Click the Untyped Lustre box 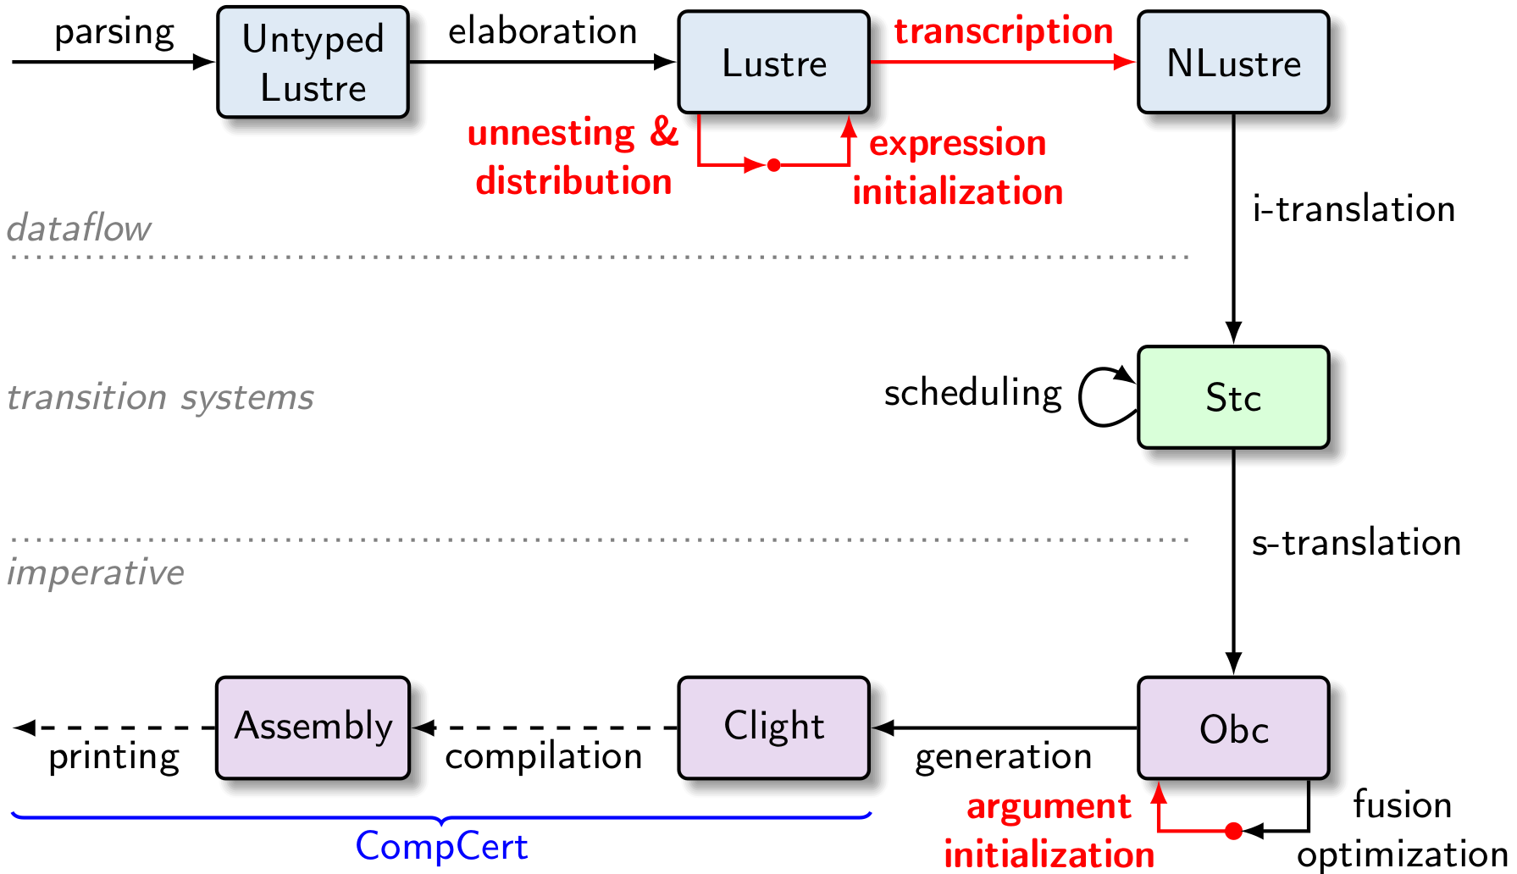pyautogui.click(x=313, y=63)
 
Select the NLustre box pyautogui.click(x=1232, y=63)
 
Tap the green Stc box pyautogui.click(x=1232, y=397)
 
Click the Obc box pyautogui.click(x=1232, y=728)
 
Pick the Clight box pyautogui.click(x=773, y=727)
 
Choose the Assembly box pyautogui.click(x=313, y=727)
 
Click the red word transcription pyautogui.click(x=1003, y=31)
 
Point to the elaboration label pyautogui.click(x=542, y=31)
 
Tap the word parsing pyautogui.click(x=113, y=33)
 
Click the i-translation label pyautogui.click(x=1353, y=209)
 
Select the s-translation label pyautogui.click(x=1355, y=543)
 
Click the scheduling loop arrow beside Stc pyautogui.click(x=1099, y=396)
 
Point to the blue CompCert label pyautogui.click(x=441, y=846)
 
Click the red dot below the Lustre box pyautogui.click(x=773, y=165)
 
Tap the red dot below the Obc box pyautogui.click(x=1233, y=831)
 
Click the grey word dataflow pyautogui.click(x=79, y=229)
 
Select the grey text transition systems pyautogui.click(x=160, y=397)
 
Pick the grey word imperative pyautogui.click(x=95, y=573)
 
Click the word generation pyautogui.click(x=1003, y=756)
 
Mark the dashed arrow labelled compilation pyautogui.click(x=546, y=727)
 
